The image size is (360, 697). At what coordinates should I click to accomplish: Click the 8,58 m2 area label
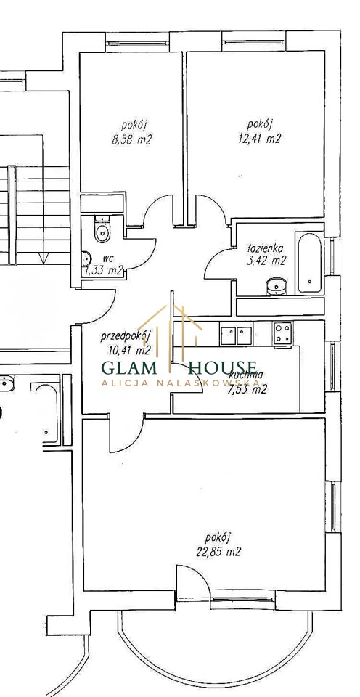tap(132, 139)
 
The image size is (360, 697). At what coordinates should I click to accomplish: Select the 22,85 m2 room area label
tap(218, 552)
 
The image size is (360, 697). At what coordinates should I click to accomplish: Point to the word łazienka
tap(266, 249)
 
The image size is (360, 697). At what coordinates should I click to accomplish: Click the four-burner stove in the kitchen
tap(283, 333)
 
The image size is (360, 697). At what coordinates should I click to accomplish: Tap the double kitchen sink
tap(236, 335)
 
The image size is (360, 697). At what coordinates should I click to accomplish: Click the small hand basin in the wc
tap(86, 258)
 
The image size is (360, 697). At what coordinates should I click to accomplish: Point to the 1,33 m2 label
tap(103, 270)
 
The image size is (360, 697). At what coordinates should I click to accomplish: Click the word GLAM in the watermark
tap(129, 368)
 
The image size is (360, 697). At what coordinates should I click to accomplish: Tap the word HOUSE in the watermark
tap(223, 367)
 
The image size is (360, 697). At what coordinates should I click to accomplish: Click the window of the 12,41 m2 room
tap(254, 43)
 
